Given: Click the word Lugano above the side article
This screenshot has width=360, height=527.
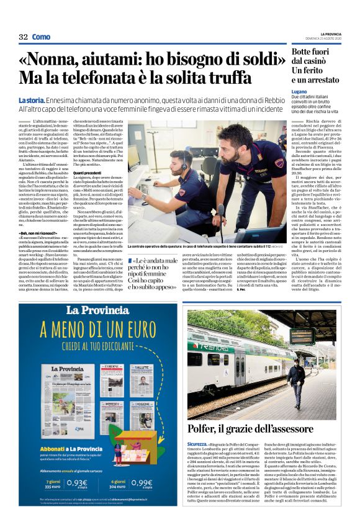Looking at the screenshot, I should pyautogui.click(x=299, y=91).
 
